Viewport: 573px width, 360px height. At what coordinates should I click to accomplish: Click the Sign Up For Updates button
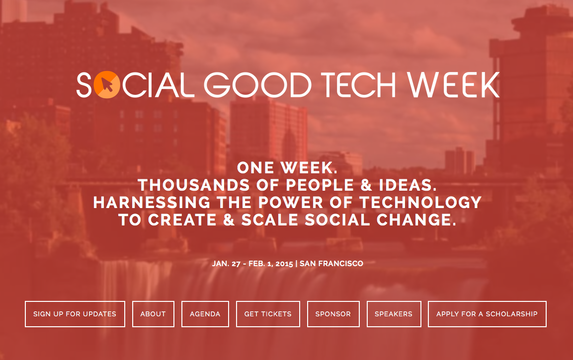click(x=75, y=314)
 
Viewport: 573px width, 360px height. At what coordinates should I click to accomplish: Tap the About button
click(x=153, y=314)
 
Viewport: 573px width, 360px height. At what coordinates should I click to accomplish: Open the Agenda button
click(x=205, y=314)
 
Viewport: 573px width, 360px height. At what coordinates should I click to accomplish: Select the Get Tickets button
click(x=268, y=314)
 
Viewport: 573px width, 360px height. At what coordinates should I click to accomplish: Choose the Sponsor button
click(x=333, y=314)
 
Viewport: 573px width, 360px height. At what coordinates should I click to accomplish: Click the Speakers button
click(x=394, y=314)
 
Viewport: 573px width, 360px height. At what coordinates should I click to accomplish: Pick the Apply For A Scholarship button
click(x=487, y=314)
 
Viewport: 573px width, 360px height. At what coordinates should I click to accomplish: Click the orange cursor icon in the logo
click(x=107, y=85)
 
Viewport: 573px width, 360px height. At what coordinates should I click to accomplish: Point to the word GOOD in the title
click(x=257, y=85)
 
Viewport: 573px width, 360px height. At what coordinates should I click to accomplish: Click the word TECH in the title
click(x=358, y=85)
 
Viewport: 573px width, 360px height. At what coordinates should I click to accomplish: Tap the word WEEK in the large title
click(x=454, y=85)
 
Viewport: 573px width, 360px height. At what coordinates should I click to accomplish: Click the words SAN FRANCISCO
click(x=331, y=264)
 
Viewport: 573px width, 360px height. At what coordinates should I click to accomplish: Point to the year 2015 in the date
click(x=284, y=264)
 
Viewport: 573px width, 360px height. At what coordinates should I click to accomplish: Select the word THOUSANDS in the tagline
click(x=194, y=185)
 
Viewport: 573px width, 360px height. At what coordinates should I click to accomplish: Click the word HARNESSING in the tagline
click(x=152, y=203)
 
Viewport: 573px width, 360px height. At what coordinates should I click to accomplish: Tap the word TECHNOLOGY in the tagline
click(x=420, y=203)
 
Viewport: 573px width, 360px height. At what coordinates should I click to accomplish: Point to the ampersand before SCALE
click(x=229, y=220)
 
